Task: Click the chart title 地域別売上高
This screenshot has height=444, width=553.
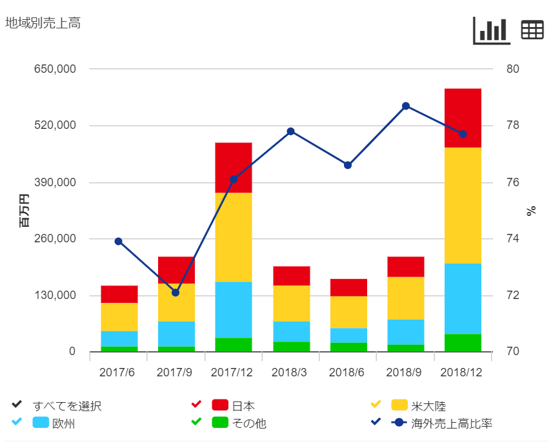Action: pyautogui.click(x=43, y=23)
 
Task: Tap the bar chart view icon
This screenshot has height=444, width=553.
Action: pyautogui.click(x=492, y=30)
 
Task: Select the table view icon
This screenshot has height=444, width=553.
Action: pyautogui.click(x=532, y=30)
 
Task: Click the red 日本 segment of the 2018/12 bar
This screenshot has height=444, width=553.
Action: pyautogui.click(x=463, y=118)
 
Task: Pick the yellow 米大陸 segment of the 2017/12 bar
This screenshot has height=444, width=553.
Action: pyautogui.click(x=233, y=237)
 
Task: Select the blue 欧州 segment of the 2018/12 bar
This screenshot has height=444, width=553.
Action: pyautogui.click(x=463, y=298)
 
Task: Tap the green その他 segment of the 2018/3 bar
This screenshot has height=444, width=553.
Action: pyautogui.click(x=291, y=347)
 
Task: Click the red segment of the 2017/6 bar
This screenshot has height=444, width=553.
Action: pyautogui.click(x=119, y=294)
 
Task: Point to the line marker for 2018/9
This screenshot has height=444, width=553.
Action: pyautogui.click(x=406, y=106)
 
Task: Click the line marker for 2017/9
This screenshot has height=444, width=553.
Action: pyautogui.click(x=176, y=293)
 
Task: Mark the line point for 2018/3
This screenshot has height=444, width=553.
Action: pyautogui.click(x=290, y=131)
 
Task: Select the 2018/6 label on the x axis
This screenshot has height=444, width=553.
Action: pyautogui.click(x=347, y=372)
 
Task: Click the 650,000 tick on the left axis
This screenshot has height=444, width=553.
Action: pyautogui.click(x=54, y=69)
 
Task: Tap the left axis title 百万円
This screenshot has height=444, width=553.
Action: pyautogui.click(x=25, y=210)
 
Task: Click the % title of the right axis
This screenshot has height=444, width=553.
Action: pyautogui.click(x=532, y=210)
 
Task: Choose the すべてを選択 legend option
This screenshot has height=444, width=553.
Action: pyautogui.click(x=67, y=406)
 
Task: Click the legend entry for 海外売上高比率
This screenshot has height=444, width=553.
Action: pyautogui.click(x=452, y=423)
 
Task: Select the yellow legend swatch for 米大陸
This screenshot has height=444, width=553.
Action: pyautogui.click(x=399, y=405)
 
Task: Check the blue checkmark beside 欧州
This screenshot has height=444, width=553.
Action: pyautogui.click(x=17, y=422)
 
